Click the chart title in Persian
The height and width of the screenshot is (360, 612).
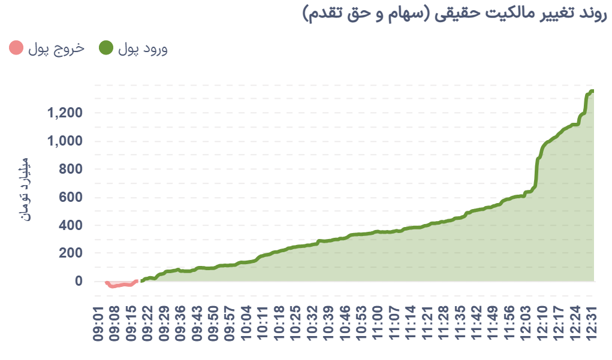tap(455, 14)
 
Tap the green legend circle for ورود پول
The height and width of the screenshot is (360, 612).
tap(105, 48)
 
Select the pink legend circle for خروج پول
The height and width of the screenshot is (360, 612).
tap(17, 48)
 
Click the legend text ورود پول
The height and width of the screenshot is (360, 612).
tap(143, 49)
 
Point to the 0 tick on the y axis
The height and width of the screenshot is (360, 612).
tap(78, 282)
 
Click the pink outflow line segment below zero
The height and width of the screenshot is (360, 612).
tap(120, 285)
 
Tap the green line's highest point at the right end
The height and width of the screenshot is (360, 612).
tap(591, 91)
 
